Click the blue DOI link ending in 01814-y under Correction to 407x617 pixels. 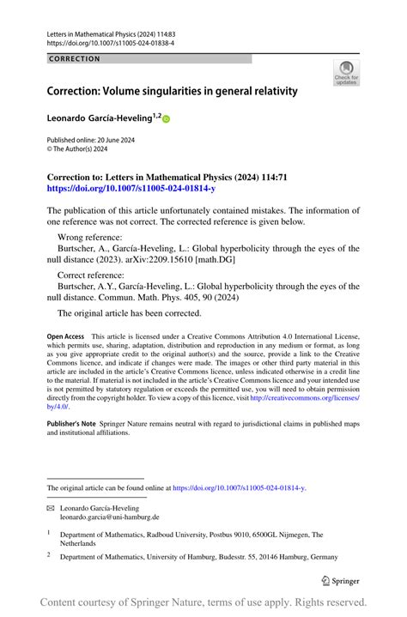click(131, 187)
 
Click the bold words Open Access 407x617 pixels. click(65, 337)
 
